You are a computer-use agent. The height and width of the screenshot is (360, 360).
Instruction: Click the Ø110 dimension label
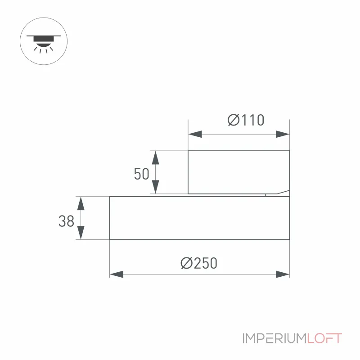coord(246,120)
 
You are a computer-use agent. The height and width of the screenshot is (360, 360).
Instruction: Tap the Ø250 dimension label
coord(199,263)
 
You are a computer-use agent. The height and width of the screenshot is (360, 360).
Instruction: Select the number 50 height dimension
coord(141,174)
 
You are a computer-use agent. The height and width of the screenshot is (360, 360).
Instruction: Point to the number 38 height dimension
coord(66,221)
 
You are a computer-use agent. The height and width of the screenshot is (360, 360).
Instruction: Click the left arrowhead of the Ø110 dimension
coord(195,134)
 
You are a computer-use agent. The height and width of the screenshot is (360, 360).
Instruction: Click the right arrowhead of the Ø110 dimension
coord(283,134)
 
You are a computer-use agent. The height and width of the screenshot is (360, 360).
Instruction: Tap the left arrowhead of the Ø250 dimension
coord(117,274)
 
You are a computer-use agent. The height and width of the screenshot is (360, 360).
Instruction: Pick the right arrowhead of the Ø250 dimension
coord(283,274)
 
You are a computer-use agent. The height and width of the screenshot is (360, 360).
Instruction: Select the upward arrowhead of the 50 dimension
coord(155,158)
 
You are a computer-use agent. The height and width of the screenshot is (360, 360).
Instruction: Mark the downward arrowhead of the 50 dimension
coord(155,187)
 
